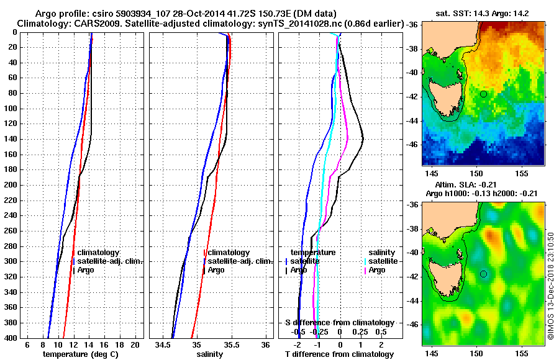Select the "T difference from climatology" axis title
point(339,354)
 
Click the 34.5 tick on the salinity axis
point(163,344)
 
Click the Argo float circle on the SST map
point(483,94)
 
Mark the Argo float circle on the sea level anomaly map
point(483,274)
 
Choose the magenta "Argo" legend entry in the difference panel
point(377,270)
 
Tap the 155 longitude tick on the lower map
point(522,351)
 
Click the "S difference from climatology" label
point(339,323)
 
